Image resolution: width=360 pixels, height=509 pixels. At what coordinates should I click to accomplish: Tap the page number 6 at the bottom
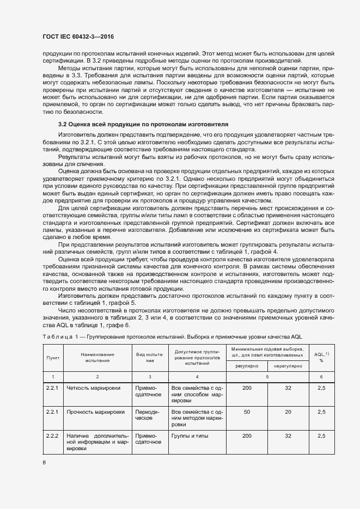pyautogui.click(x=44, y=463)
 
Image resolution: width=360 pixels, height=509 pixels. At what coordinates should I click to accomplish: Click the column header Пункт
pyautogui.click(x=53, y=357)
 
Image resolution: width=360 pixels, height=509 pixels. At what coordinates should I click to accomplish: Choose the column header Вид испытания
pyautogui.click(x=149, y=357)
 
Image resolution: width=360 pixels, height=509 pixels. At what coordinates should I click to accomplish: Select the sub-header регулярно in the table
pyautogui.click(x=246, y=366)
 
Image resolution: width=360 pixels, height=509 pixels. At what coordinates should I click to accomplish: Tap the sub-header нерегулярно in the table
pyautogui.click(x=288, y=366)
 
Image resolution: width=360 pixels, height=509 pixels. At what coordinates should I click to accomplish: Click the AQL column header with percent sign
pyautogui.click(x=321, y=357)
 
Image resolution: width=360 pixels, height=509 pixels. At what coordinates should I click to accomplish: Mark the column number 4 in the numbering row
pyautogui.click(x=197, y=377)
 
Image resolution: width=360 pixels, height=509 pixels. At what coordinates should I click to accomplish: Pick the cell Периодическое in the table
pyautogui.click(x=147, y=416)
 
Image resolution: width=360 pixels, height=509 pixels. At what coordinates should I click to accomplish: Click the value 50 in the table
pyautogui.click(x=247, y=412)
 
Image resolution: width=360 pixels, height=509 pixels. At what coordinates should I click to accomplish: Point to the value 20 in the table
pyautogui.click(x=288, y=412)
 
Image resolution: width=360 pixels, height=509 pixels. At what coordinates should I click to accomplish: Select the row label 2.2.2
pyautogui.click(x=53, y=436)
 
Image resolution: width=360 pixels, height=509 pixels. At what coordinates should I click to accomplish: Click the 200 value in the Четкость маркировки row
pyautogui.click(x=247, y=388)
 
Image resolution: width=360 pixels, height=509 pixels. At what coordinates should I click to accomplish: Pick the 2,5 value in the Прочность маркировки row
pyautogui.click(x=321, y=412)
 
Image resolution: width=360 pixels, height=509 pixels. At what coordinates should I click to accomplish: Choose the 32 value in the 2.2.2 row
pyautogui.click(x=288, y=436)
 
